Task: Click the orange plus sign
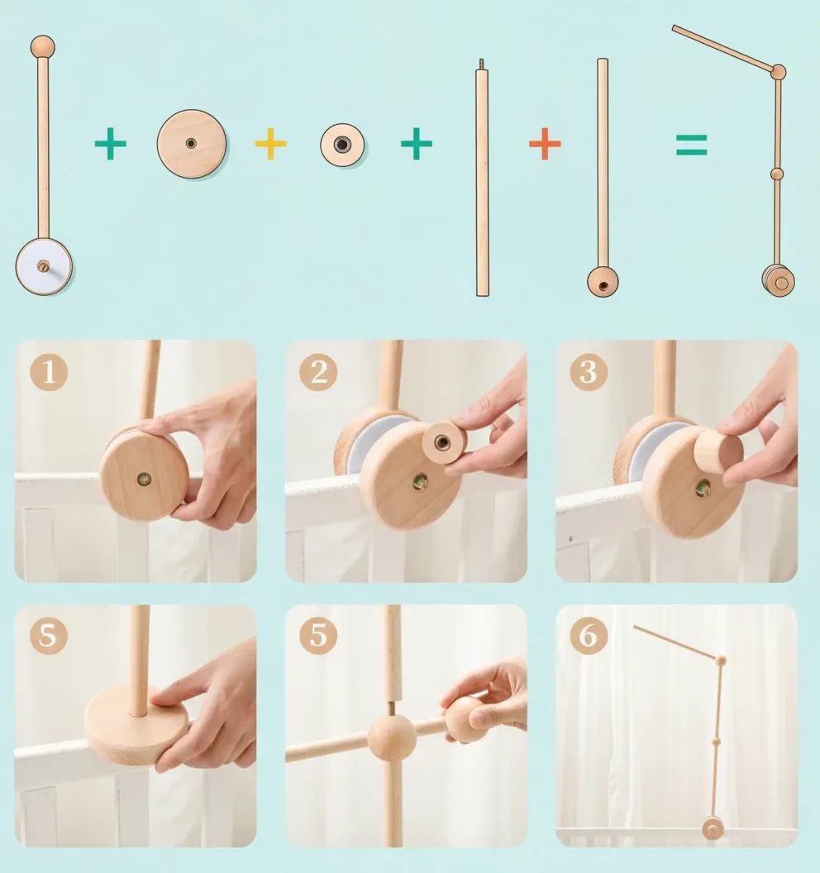click(x=545, y=144)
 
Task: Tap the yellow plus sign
click(x=270, y=144)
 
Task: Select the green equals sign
click(x=691, y=145)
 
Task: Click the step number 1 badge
click(x=49, y=371)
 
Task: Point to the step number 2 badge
click(x=318, y=371)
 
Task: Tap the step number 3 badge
click(x=589, y=371)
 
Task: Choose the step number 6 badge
click(x=589, y=635)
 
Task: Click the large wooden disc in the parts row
click(x=192, y=144)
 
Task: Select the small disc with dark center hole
click(x=342, y=145)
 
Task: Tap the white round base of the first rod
click(x=44, y=266)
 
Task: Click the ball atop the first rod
click(x=43, y=47)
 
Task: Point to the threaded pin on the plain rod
click(x=482, y=64)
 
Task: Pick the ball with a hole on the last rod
click(x=603, y=281)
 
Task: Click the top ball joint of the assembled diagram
click(x=778, y=72)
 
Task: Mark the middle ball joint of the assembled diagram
click(x=777, y=174)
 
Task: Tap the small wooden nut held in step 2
click(x=444, y=442)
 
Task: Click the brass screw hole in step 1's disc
click(x=144, y=479)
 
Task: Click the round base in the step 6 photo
click(x=713, y=828)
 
